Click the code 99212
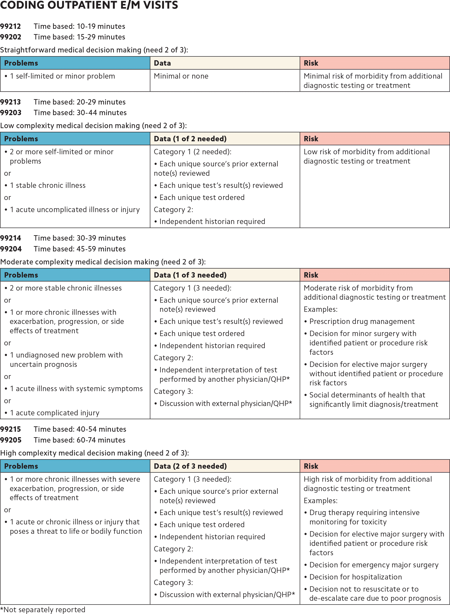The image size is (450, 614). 10,26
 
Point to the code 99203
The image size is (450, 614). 11,112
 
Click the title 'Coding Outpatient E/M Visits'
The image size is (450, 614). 89,5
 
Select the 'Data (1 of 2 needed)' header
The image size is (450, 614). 190,139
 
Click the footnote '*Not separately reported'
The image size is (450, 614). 43,609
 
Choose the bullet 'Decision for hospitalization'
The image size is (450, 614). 356,577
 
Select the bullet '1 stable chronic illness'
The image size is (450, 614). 48,185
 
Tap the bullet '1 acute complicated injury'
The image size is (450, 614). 54,413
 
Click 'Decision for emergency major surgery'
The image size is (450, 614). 374,565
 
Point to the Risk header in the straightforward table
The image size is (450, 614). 311,63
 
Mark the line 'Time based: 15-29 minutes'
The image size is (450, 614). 79,37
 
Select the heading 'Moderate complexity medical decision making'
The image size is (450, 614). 80,262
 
